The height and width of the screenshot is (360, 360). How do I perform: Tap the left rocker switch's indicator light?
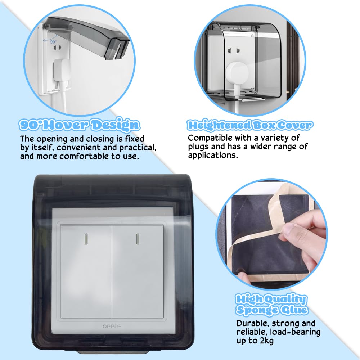86,238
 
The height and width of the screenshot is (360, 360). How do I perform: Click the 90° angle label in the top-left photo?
53,41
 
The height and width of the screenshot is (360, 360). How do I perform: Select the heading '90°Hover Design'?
79,125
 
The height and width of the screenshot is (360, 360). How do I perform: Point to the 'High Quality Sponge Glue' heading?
272,304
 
